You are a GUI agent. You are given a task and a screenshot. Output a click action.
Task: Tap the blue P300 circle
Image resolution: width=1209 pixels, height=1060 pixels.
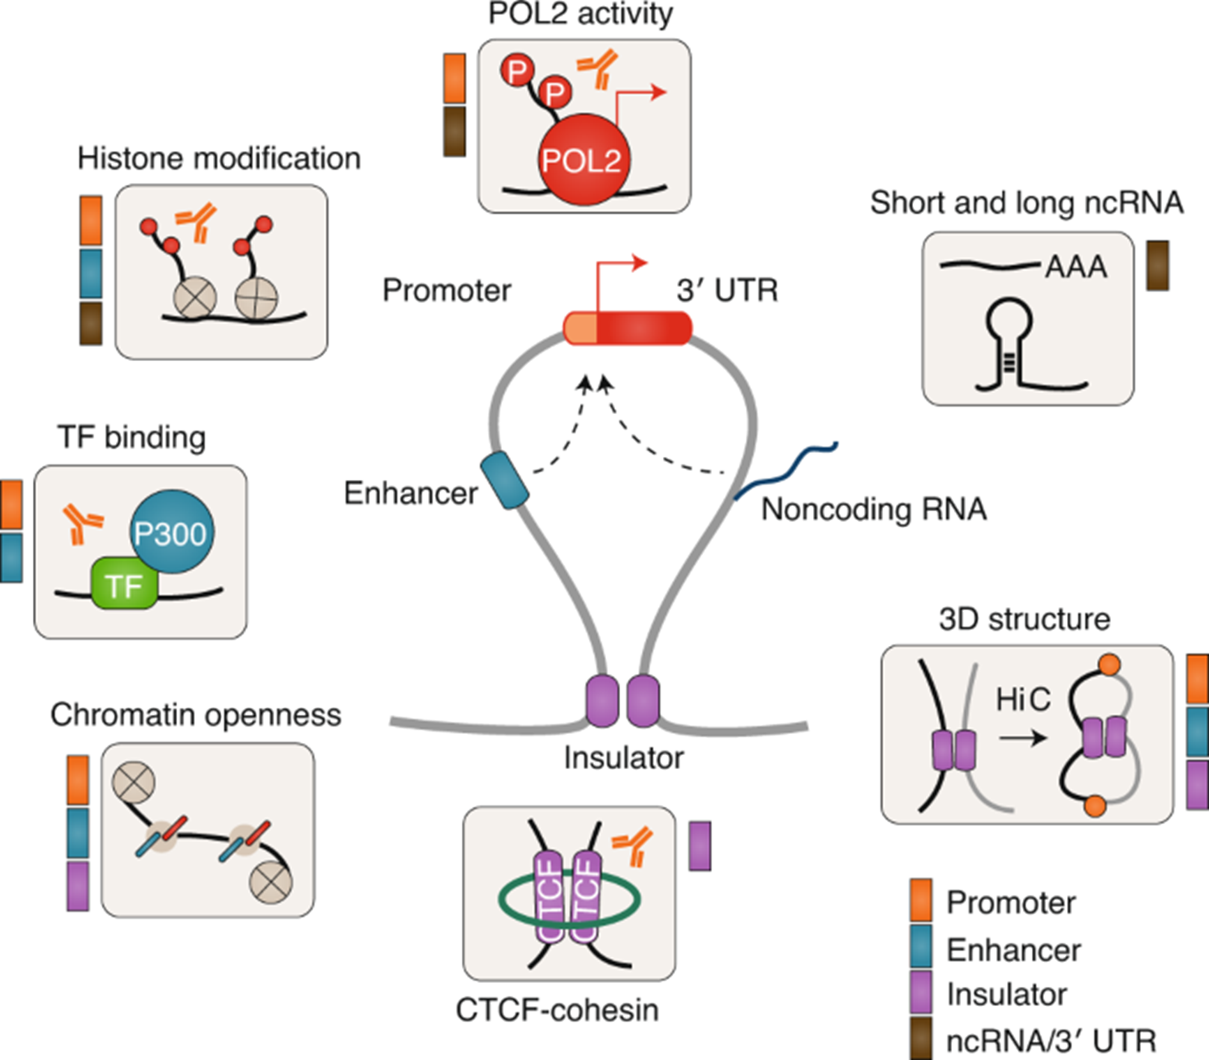(171, 532)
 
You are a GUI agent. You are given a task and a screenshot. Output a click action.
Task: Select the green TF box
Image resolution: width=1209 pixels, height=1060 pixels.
(124, 585)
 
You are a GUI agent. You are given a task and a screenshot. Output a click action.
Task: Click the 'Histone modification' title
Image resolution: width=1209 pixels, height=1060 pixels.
(219, 158)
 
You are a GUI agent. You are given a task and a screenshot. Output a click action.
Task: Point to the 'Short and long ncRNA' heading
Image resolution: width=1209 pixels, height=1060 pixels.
(1027, 203)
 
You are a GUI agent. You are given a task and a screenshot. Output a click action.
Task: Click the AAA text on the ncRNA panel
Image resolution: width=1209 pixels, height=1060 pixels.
(1075, 267)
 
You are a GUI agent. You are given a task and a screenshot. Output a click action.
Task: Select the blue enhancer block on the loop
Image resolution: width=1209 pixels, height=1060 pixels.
(504, 481)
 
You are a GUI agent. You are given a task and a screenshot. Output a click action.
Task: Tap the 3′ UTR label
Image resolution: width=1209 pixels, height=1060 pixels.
(727, 290)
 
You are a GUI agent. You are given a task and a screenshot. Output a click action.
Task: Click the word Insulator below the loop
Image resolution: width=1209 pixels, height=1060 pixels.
(623, 758)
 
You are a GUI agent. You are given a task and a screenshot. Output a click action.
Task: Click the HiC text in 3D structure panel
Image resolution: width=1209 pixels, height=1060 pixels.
(1023, 700)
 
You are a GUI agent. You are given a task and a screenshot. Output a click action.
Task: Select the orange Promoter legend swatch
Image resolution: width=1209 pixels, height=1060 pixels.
(921, 900)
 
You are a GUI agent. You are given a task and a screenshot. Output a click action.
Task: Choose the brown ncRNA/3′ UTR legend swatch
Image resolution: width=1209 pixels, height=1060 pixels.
(921, 1038)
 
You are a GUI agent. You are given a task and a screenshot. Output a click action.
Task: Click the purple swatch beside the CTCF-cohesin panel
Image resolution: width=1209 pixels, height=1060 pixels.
(699, 845)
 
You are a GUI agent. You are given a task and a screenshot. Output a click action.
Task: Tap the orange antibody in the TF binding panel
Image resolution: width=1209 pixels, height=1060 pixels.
(81, 523)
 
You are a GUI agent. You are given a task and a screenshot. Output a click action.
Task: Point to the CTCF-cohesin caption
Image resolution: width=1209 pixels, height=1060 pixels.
(557, 1010)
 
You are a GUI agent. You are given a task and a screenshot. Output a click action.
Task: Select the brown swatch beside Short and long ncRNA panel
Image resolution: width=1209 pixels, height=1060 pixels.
(1157, 265)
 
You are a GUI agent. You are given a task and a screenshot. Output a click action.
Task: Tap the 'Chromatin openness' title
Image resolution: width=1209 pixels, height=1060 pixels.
(196, 715)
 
